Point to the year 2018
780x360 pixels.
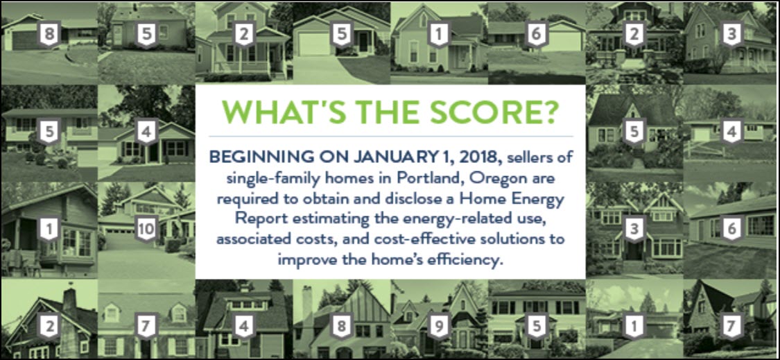point(485,157)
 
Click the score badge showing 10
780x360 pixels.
point(146,230)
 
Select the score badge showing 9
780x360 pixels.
point(438,326)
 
